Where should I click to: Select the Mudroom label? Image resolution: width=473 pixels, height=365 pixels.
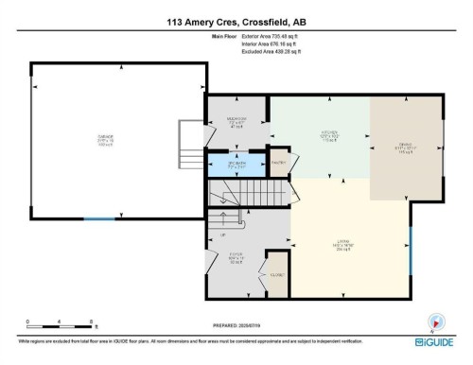point(237,122)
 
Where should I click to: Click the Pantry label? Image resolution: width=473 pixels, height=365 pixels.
point(279,163)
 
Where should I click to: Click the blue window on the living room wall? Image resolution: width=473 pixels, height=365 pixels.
point(410,250)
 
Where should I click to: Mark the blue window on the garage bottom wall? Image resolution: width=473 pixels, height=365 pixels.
point(97,218)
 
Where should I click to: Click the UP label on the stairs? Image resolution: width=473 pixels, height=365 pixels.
point(222,235)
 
